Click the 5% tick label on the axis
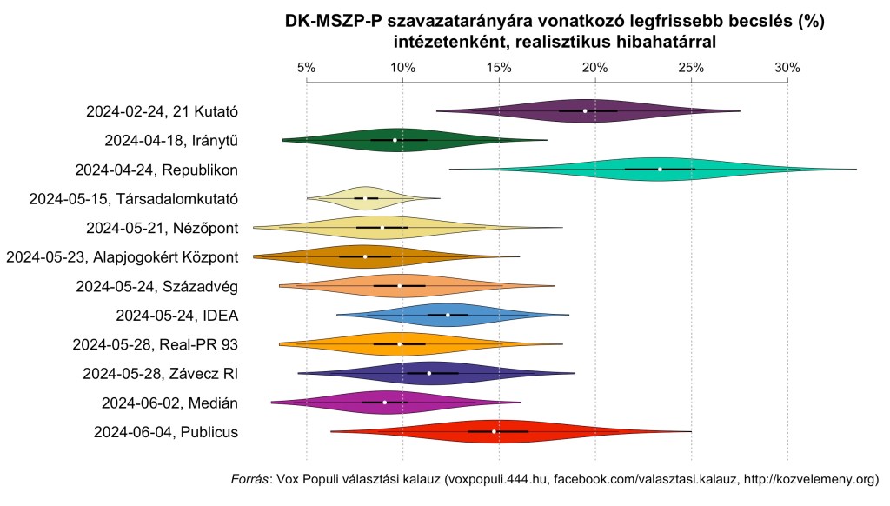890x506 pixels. tap(306, 68)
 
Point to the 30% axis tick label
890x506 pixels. tap(787, 68)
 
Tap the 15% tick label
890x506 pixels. tap(498, 68)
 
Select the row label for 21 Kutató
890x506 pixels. tap(163, 111)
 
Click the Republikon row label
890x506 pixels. tap(157, 169)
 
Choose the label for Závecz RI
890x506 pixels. tap(161, 373)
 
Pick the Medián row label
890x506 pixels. tap(170, 403)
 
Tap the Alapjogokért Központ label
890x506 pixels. tap(123, 256)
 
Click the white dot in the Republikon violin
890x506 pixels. tap(661, 169)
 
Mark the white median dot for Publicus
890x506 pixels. tap(495, 431)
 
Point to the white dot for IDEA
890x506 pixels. tap(448, 315)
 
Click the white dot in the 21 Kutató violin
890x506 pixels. tap(585, 111)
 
